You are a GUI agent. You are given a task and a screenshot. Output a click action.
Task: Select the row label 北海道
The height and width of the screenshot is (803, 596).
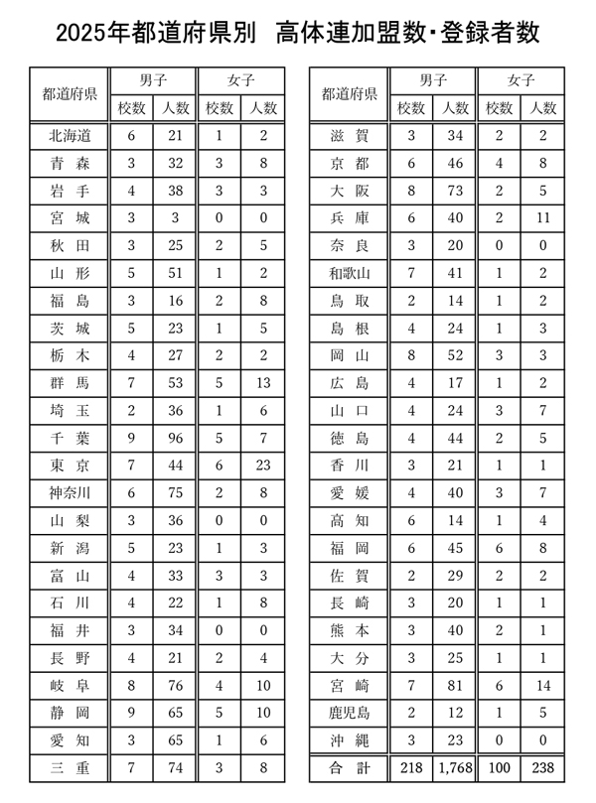[x=70, y=136]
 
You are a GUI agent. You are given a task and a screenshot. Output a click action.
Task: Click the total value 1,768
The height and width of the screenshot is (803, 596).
[x=455, y=767]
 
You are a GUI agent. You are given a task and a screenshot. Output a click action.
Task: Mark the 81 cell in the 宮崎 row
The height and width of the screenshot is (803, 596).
[x=455, y=685]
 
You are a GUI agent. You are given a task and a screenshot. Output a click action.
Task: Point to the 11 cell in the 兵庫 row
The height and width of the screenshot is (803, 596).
[x=542, y=218]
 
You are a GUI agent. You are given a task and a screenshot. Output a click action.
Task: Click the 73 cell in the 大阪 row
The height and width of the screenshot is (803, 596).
[x=455, y=191]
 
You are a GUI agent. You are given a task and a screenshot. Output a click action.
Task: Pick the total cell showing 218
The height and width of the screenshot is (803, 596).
[x=411, y=767]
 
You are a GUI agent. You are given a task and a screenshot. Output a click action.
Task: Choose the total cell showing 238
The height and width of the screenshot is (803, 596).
[x=542, y=767]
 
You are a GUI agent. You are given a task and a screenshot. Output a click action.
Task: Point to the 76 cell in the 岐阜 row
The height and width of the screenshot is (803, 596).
[x=175, y=685]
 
